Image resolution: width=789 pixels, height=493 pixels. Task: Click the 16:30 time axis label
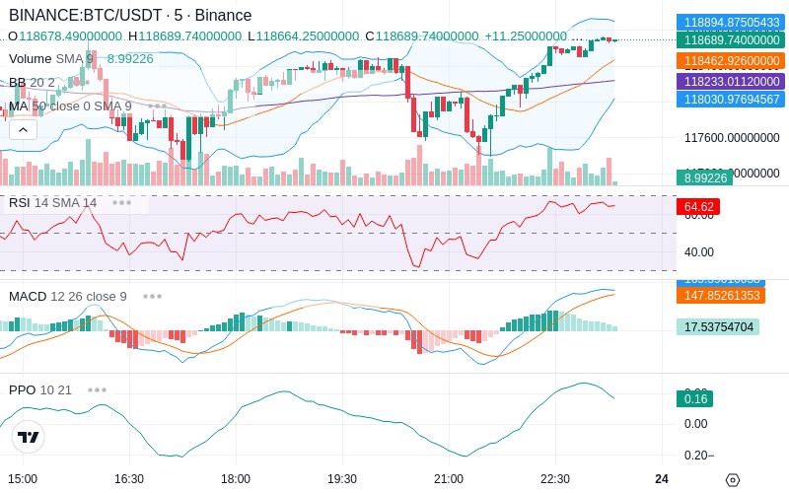click(x=129, y=478)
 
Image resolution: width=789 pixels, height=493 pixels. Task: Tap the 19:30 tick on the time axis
click(x=341, y=478)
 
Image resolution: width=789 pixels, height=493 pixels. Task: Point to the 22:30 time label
click(x=555, y=478)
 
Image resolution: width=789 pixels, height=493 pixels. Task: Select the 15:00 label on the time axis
click(x=23, y=478)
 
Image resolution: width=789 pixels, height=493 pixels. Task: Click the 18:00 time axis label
click(x=235, y=478)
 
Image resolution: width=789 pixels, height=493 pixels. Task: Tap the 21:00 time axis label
click(x=449, y=478)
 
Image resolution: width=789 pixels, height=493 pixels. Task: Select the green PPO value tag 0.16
click(x=693, y=399)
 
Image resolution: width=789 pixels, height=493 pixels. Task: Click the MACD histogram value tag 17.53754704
click(x=717, y=327)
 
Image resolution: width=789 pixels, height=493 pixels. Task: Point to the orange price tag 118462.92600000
click(x=730, y=61)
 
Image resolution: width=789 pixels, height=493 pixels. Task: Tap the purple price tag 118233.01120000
click(x=730, y=81)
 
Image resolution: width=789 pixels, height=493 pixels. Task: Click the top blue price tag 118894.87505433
click(x=730, y=22)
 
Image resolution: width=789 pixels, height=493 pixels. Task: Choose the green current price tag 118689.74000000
click(x=730, y=40)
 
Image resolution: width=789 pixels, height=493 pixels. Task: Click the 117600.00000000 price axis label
click(x=732, y=138)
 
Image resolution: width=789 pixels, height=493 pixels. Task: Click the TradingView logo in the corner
click(x=28, y=437)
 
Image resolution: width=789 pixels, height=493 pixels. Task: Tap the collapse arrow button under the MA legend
click(x=23, y=129)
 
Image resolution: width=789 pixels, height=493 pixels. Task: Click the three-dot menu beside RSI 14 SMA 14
click(x=121, y=202)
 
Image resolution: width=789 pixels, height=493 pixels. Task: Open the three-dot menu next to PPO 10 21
click(x=97, y=389)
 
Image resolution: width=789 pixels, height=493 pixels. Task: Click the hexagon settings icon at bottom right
click(x=732, y=480)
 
